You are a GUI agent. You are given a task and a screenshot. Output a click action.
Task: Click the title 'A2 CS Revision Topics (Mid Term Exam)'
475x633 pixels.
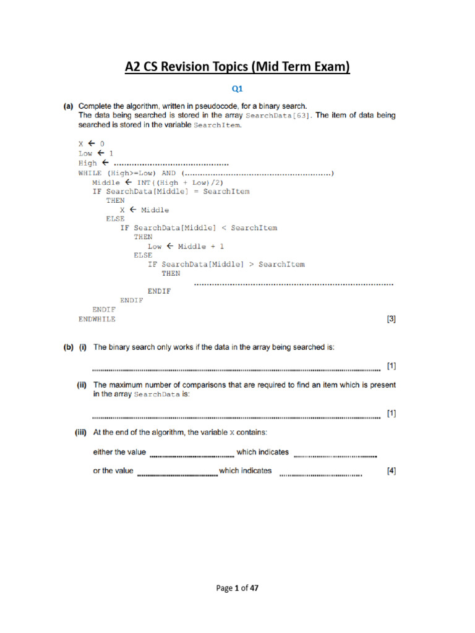[x=237, y=67]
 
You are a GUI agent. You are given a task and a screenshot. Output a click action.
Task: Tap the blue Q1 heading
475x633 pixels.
[x=237, y=89]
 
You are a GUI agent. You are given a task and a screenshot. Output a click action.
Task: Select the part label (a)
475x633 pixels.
[x=70, y=106]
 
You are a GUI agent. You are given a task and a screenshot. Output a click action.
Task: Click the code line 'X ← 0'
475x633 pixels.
[x=92, y=143]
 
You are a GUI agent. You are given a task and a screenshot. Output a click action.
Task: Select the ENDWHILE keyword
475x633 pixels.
[x=96, y=319]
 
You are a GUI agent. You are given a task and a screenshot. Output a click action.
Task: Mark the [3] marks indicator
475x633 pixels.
[x=391, y=319]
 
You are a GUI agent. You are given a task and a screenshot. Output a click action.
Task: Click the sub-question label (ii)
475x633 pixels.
[x=81, y=384]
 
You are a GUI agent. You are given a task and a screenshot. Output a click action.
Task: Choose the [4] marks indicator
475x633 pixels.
[x=391, y=471]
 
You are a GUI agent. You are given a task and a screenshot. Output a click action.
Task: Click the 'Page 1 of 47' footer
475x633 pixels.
[x=237, y=588]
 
